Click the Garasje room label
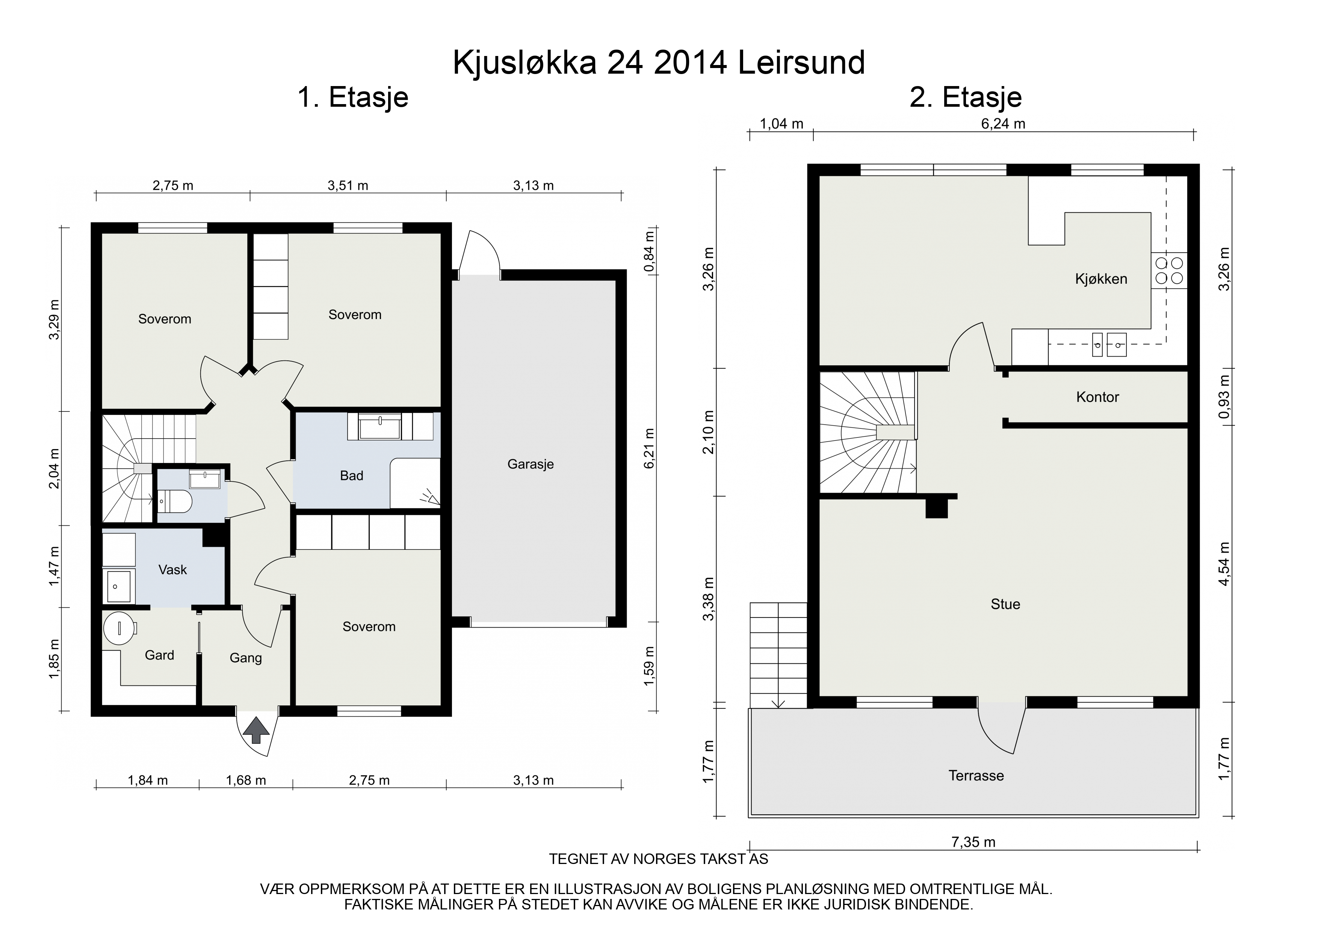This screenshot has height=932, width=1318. [x=531, y=464]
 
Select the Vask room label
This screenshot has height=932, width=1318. [x=173, y=570]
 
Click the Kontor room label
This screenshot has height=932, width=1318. [x=1097, y=397]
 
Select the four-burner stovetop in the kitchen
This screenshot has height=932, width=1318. [x=1169, y=271]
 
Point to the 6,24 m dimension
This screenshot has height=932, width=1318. [x=1003, y=124]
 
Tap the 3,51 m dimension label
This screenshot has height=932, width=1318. [x=348, y=186]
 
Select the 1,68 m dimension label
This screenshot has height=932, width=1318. [x=246, y=781]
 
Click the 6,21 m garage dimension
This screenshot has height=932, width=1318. [x=649, y=448]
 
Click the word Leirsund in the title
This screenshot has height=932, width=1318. [x=801, y=63]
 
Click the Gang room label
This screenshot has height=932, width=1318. [x=246, y=658]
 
